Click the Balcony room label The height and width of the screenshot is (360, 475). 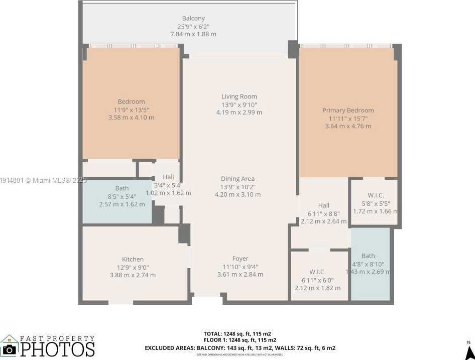[193, 19]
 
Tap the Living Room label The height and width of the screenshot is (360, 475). [239, 96]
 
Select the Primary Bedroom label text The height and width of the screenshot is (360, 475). [347, 110]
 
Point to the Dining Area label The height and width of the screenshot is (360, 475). [237, 179]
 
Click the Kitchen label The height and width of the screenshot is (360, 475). [133, 260]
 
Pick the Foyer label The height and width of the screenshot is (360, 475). [240, 259]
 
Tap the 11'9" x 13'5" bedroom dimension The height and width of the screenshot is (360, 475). [131, 109]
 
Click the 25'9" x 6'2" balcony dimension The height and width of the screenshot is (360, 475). [193, 27]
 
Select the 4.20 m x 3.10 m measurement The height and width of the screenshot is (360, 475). [237, 194]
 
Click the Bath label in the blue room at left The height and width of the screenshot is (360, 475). [122, 189]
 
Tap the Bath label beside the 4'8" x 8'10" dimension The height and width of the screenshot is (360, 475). [368, 256]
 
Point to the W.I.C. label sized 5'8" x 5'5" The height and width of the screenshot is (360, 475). [375, 195]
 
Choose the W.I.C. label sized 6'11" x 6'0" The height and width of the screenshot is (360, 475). [317, 272]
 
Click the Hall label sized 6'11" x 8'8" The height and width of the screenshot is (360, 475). [323, 205]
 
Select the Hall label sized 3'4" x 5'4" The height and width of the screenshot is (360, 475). [168, 177]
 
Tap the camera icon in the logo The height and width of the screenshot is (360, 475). [9, 349]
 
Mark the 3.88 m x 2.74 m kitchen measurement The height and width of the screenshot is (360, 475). [133, 275]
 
